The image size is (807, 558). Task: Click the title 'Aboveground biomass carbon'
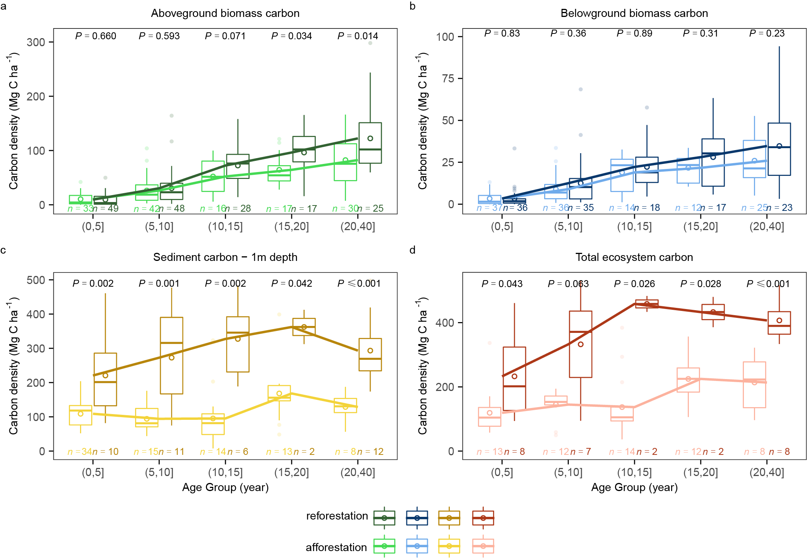(225, 13)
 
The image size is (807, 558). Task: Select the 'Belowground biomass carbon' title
(634, 13)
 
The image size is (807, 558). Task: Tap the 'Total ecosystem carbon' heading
(634, 257)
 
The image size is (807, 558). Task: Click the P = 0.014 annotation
(358, 36)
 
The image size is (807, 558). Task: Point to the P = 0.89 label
(634, 33)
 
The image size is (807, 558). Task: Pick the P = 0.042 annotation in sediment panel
(291, 284)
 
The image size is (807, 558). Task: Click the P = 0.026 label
(634, 284)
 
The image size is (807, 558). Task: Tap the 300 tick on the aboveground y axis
(36, 42)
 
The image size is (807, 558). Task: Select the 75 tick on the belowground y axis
(448, 79)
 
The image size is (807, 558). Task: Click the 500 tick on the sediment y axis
(36, 280)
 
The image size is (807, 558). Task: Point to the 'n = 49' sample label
(105, 209)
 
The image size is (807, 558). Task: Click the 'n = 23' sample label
(779, 208)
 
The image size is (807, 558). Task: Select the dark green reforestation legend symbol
(384, 518)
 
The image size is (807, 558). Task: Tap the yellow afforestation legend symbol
(449, 546)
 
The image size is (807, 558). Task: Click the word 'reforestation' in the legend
(337, 516)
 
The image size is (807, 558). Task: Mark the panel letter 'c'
(3, 251)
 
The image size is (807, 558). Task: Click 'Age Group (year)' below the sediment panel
(225, 488)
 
